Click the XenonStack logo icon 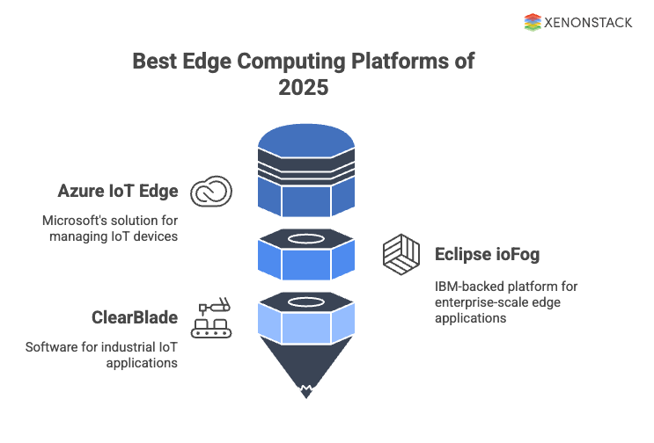pos(533,22)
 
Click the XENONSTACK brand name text pos(589,23)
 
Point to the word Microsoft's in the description pos(76,220)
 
